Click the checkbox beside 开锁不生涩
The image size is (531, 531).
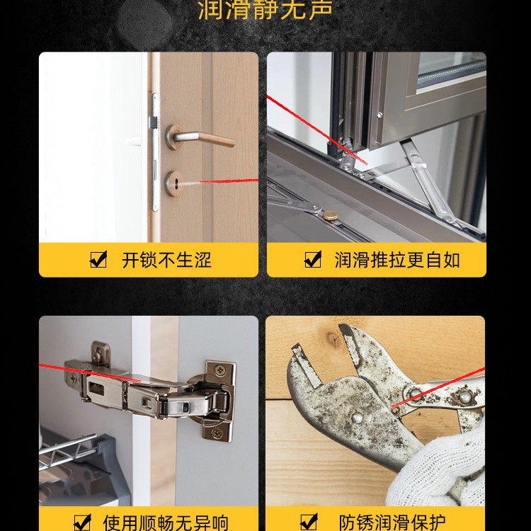point(98,260)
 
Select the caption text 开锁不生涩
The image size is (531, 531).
point(166,260)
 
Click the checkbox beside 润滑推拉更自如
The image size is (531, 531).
point(312,260)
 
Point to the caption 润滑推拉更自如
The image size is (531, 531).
point(397,260)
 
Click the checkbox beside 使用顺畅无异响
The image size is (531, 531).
point(83,523)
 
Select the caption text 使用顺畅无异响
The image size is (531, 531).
point(166,523)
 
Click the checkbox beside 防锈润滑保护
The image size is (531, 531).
point(309,523)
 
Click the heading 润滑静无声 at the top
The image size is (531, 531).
point(265,10)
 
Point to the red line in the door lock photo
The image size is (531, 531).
point(227,181)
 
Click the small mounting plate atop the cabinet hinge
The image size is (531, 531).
point(102,353)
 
